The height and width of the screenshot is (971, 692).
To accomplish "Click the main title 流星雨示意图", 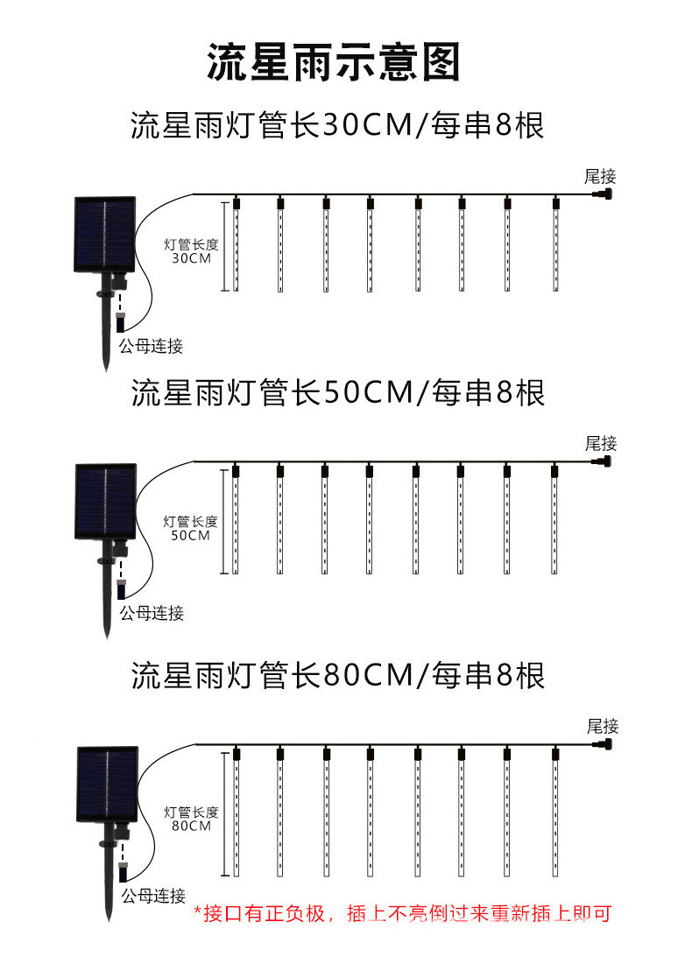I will click(x=334, y=63).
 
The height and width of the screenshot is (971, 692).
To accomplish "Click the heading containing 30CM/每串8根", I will click(x=337, y=125).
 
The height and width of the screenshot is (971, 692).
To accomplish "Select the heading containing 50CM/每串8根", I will click(x=337, y=393).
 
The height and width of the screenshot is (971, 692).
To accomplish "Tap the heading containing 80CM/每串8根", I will click(x=337, y=675).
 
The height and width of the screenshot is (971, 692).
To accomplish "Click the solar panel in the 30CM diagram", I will click(x=104, y=233).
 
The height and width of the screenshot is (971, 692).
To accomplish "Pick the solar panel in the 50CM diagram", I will click(x=105, y=501).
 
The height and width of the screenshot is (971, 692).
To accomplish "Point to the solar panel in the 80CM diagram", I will click(x=107, y=785).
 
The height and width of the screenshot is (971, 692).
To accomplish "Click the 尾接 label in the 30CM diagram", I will click(x=601, y=177).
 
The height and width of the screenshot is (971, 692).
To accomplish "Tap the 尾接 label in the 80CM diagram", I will click(x=603, y=726).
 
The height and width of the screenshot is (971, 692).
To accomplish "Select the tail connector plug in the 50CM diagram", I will click(x=604, y=461).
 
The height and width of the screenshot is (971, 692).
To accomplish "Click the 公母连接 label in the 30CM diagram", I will click(x=152, y=346).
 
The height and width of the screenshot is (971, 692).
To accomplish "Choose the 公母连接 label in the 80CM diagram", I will click(x=153, y=896).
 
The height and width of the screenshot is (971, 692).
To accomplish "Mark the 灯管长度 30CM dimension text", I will click(x=191, y=251).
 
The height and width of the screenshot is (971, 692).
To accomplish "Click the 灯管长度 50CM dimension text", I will click(x=191, y=528).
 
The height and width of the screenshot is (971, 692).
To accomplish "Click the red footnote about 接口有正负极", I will click(x=401, y=914).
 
